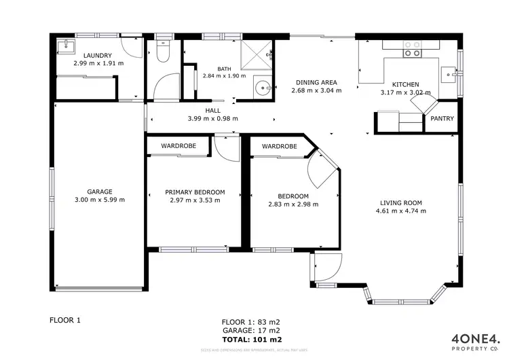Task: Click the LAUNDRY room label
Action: pos(97,55)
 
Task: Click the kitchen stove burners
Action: pos(412,48)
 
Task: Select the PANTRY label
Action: pos(440,119)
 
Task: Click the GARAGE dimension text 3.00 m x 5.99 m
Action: pos(99,200)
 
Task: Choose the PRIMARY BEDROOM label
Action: pos(195,192)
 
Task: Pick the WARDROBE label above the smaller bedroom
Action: pos(279,146)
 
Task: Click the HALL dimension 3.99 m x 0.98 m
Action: pos(212,118)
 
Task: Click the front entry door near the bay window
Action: pos(322,268)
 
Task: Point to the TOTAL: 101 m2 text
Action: pos(252,339)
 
